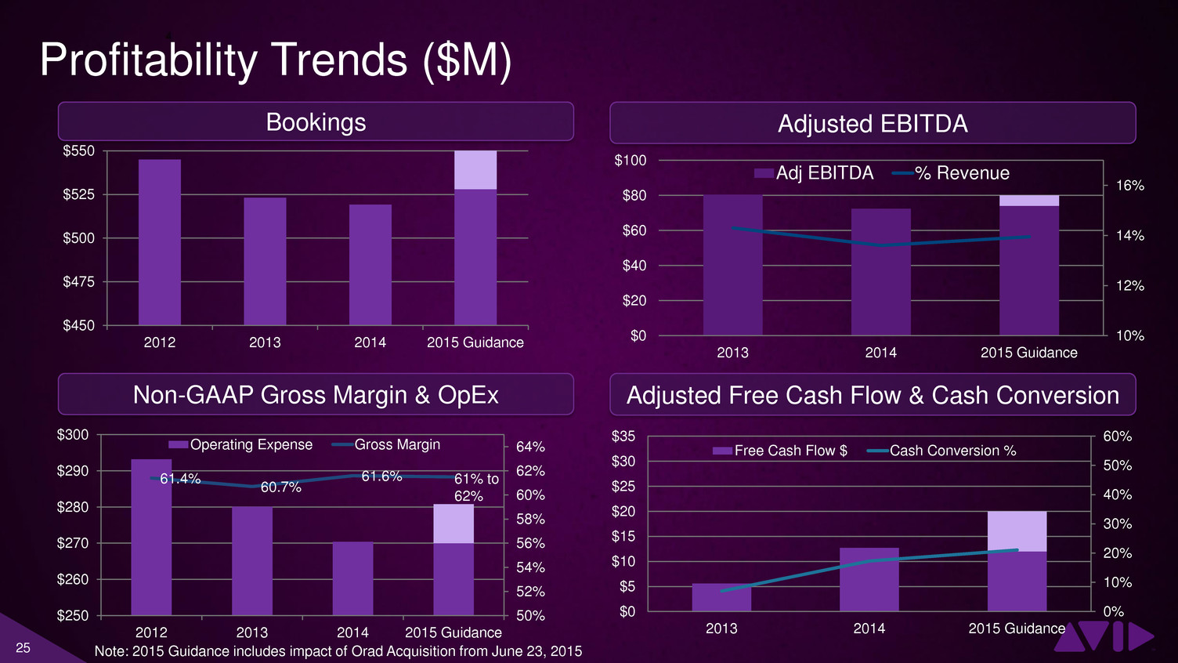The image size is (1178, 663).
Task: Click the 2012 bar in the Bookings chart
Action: [x=159, y=242]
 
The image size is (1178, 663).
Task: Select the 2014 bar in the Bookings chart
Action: [x=370, y=265]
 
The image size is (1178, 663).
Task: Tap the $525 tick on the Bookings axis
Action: [x=79, y=194]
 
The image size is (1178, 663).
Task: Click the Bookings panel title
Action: [x=316, y=122]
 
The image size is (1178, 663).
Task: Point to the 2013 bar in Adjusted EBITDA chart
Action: [x=732, y=265]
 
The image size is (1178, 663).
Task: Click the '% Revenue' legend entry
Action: [x=951, y=173]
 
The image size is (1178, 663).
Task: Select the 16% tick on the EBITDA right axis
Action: [x=1130, y=186]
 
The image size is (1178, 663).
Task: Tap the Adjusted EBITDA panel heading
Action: [x=873, y=124]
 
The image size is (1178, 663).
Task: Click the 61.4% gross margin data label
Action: [x=180, y=479]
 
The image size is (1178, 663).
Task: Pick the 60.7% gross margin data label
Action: [x=281, y=487]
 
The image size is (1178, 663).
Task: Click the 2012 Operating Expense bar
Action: [x=151, y=538]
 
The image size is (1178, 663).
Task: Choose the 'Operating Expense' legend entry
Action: [x=240, y=444]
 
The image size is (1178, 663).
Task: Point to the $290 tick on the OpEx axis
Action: [x=73, y=471]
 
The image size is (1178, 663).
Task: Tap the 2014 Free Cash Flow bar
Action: [x=869, y=579]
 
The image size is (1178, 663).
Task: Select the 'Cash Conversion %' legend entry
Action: [x=941, y=451]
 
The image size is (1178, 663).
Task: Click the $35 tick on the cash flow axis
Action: [x=623, y=437]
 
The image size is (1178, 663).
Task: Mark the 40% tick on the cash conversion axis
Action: [x=1118, y=495]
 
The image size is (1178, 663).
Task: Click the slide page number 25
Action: [x=23, y=648]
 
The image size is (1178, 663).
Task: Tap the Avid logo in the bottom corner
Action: [x=1104, y=636]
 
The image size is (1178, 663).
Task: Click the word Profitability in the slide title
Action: [x=148, y=60]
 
